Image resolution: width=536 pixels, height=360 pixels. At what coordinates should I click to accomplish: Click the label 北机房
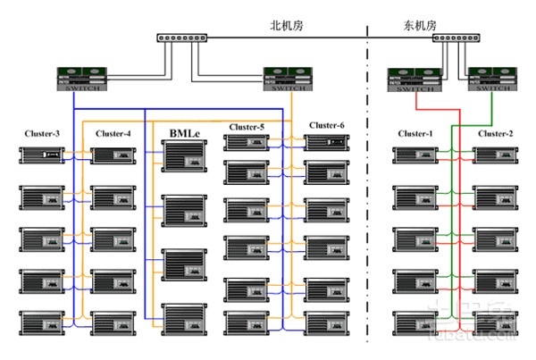pos(287,26)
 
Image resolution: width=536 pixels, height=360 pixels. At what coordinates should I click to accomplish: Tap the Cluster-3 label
pos(42,134)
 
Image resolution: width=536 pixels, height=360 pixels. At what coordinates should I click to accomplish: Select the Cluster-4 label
pos(113,134)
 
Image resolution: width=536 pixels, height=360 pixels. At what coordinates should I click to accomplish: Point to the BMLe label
pos(185,134)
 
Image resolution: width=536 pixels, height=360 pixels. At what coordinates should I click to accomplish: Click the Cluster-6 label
pos(327,124)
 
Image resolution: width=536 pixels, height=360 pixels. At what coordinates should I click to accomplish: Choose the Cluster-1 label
pos(415,134)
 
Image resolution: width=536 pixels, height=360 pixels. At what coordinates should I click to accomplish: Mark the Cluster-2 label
pos(495,134)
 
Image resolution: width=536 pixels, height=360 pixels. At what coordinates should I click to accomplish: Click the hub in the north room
pos(182,38)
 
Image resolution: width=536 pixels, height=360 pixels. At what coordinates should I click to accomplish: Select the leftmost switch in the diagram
pos(81,78)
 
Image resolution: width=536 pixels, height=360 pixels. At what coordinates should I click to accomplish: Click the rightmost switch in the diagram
pos(493,79)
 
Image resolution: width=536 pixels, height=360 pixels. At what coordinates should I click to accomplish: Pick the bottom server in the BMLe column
pos(185,318)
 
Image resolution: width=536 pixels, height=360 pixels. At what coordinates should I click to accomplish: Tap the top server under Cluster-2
pos(495,155)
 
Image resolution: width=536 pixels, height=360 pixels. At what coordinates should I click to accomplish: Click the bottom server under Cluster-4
pos(113,321)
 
